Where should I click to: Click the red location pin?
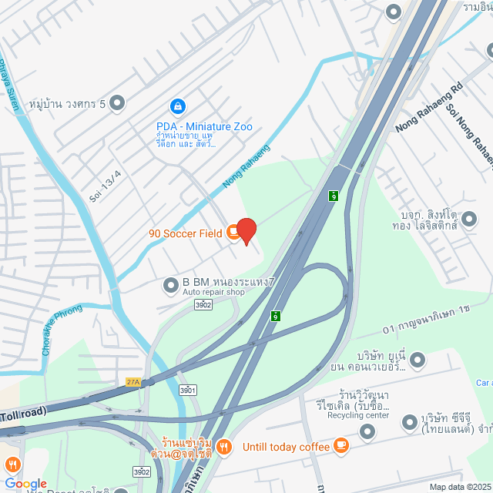246,231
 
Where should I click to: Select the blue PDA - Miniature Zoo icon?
178,105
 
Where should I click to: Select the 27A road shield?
133,381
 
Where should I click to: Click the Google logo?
25,483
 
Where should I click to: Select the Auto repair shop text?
213,293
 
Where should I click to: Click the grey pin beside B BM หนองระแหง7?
171,286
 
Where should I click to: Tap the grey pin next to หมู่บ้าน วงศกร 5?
117,102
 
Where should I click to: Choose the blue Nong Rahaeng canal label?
246,166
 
